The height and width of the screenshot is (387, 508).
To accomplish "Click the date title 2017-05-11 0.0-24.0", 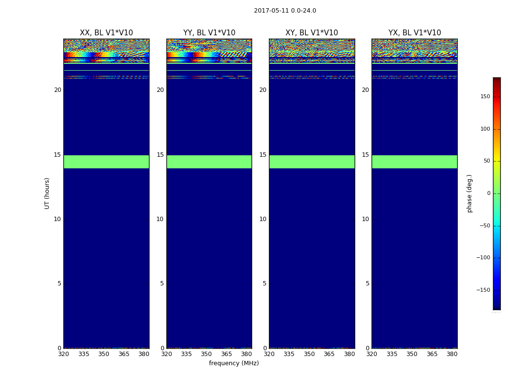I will click(285, 11).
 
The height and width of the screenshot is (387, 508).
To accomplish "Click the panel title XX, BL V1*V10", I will click(106, 33).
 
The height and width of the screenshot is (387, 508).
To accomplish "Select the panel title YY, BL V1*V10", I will click(209, 33).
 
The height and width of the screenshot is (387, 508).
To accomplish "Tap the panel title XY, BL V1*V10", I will click(312, 33).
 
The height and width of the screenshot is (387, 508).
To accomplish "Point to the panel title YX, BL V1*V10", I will click(415, 33).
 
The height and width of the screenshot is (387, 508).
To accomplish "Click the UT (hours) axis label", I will click(47, 193).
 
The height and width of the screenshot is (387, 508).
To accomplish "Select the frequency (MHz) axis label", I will click(234, 363).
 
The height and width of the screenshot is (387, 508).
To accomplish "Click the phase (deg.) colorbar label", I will click(469, 193).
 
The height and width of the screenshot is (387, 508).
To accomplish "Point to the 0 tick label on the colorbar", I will click(488, 193).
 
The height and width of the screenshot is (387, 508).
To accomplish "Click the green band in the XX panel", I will click(106, 162).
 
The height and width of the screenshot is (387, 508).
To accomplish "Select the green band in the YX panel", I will click(415, 162).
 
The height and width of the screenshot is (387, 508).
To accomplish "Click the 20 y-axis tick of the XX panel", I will click(58, 90).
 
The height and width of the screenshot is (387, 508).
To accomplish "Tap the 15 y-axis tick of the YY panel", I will click(160, 155).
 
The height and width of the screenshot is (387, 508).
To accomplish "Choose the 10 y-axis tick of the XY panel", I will click(263, 219).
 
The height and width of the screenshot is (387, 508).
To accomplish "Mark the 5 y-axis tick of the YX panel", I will click(367, 283).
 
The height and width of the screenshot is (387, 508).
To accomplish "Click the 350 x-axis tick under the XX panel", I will click(104, 354).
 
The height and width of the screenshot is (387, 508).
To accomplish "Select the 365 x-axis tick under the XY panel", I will click(329, 354).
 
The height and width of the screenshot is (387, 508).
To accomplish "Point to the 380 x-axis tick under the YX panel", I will click(452, 354).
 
